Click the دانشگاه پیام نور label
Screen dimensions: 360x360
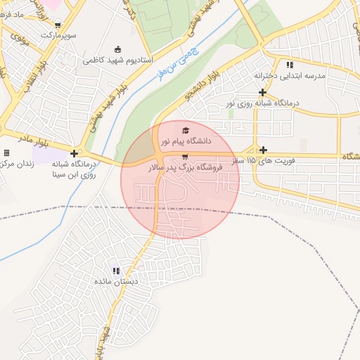pos(186,141)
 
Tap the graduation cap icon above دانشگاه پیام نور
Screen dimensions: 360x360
pos(186,130)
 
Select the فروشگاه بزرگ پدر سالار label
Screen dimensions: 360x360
pos(185,168)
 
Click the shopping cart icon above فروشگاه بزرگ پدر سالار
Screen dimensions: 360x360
pos(185,157)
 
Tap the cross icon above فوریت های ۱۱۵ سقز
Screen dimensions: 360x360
pos(264,150)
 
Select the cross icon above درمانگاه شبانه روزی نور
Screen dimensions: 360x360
pos(263,92)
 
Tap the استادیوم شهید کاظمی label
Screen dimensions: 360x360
pos(117,60)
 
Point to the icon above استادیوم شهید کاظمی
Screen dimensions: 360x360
pos(117,49)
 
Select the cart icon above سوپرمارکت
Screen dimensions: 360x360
pos(57,25)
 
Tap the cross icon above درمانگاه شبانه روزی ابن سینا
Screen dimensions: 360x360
pos(74,153)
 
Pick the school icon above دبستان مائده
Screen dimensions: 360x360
pos(116,270)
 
